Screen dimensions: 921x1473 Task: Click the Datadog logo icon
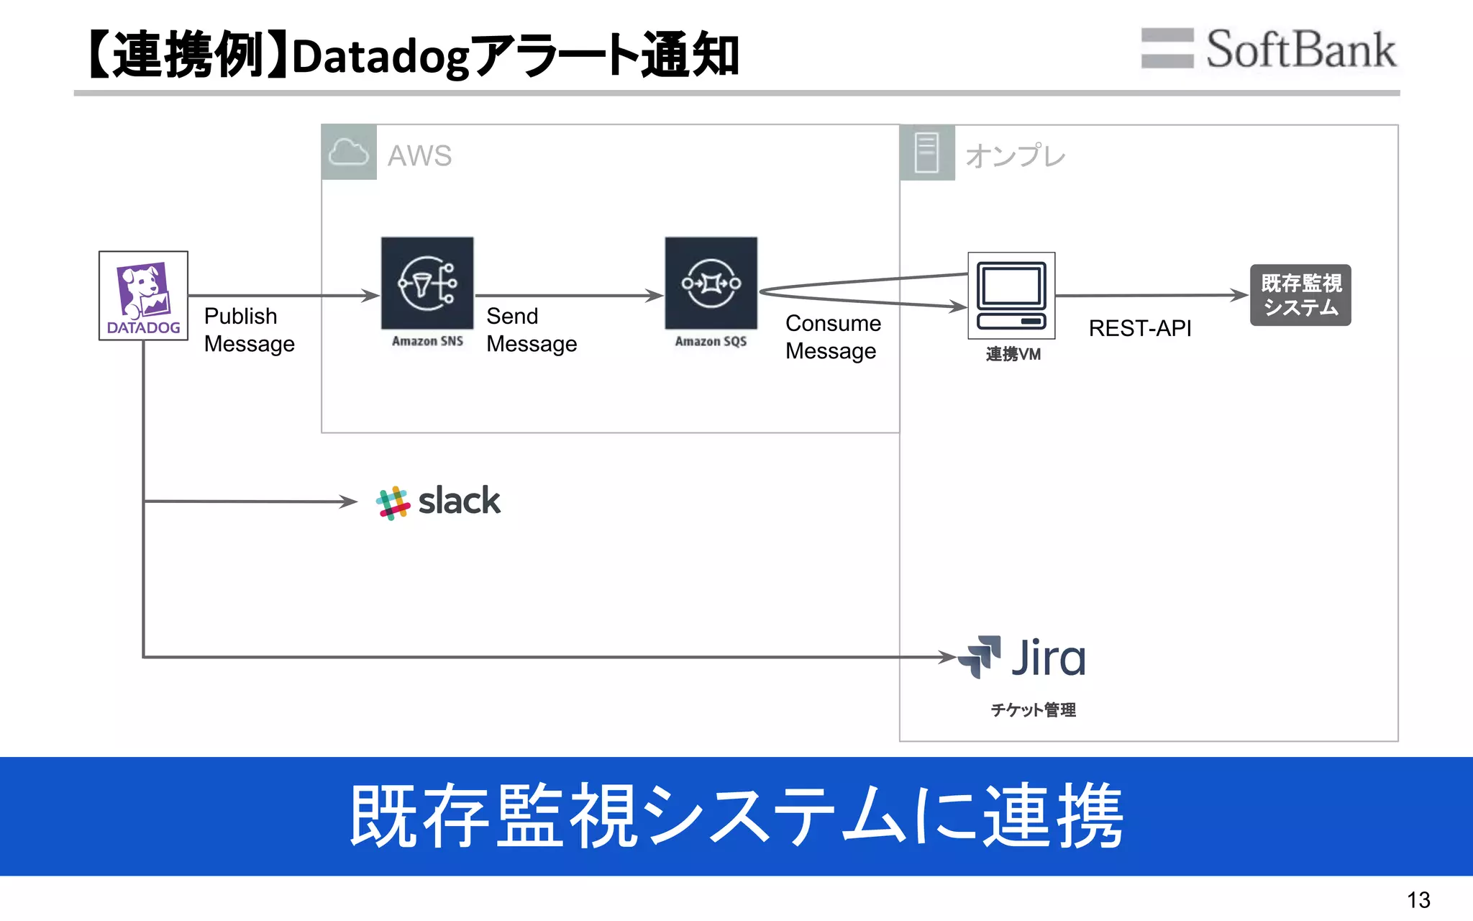[x=143, y=295]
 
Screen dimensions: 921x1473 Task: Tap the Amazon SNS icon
[x=427, y=283]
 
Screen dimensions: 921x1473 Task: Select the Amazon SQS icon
[x=711, y=283]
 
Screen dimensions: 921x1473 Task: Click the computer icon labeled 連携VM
[x=1011, y=295]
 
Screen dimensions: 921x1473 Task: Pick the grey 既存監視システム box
[x=1300, y=295]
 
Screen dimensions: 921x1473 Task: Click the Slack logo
[x=438, y=502]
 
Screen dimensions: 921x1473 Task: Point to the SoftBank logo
[x=1269, y=49]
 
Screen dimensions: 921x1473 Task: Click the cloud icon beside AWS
[x=349, y=153]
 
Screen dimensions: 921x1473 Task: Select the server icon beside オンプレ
[x=927, y=153]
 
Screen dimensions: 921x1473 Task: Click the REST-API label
[x=1140, y=329]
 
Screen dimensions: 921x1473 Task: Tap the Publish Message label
[x=249, y=330]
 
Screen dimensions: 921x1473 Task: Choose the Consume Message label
[x=833, y=337]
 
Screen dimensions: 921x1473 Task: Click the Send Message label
[x=532, y=330]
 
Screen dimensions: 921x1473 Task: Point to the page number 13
[x=1418, y=900]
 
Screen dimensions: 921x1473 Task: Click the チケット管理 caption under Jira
[x=1033, y=710]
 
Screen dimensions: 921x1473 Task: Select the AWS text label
[x=419, y=155]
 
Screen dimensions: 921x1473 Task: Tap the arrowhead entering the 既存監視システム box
[x=1240, y=295]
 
